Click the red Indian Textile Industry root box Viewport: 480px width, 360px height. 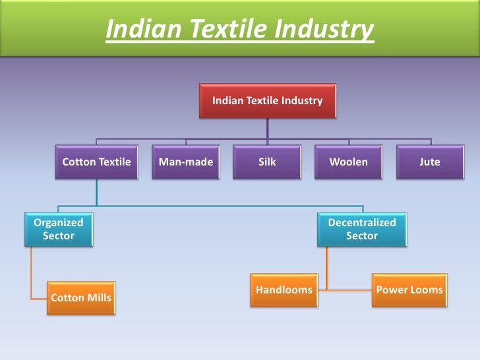coord(267,101)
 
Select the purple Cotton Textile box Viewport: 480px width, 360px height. coord(96,162)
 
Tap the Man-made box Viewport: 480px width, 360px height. coord(186,162)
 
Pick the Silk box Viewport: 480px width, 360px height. coord(267,162)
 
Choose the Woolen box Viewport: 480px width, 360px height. coord(349,162)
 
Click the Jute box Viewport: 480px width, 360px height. coord(430,162)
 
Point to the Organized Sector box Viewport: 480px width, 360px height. coord(59,229)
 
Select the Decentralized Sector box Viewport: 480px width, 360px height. coord(362,229)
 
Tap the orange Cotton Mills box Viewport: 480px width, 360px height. coord(80,298)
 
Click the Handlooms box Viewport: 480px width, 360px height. coord(284,290)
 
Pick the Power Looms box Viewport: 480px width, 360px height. coord(409,290)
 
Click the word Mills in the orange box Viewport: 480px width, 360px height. coord(99,298)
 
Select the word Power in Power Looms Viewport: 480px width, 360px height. coord(391,290)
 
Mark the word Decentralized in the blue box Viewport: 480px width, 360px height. coord(362,222)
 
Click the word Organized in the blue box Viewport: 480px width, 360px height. coord(59,222)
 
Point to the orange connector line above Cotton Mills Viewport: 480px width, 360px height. coord(30,270)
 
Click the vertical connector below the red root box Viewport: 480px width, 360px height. coord(267,128)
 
